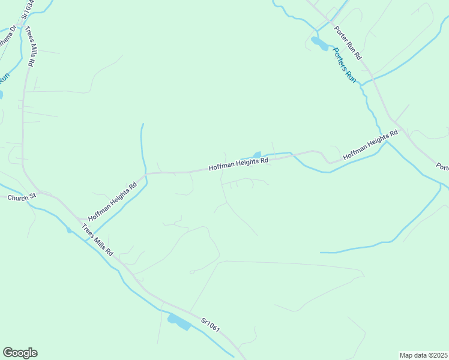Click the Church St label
pyautogui.click(x=23, y=196)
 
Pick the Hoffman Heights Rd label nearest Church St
pyautogui.click(x=113, y=202)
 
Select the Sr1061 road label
pyautogui.click(x=211, y=325)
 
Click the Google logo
pyautogui.click(x=20, y=353)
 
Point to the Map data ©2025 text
pyautogui.click(x=423, y=355)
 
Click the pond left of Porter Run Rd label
pyautogui.click(x=319, y=43)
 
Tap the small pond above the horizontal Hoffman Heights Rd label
pyautogui.click(x=258, y=155)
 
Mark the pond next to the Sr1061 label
pyautogui.click(x=179, y=322)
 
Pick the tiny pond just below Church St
pyautogui.click(x=69, y=230)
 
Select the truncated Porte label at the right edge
pyautogui.click(x=442, y=166)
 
